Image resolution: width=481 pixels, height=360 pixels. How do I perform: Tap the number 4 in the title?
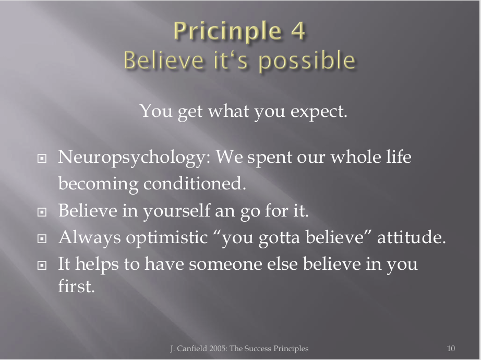point(297,31)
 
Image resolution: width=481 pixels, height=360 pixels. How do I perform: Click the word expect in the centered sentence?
point(318,112)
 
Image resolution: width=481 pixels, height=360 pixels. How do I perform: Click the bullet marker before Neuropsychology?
point(42,159)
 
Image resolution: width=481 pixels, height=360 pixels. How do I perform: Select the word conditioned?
point(195,184)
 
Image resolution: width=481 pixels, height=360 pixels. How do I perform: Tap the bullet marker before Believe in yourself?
point(42,212)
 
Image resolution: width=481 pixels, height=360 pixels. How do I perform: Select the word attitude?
point(411,237)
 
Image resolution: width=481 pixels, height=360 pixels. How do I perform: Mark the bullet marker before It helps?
point(42,265)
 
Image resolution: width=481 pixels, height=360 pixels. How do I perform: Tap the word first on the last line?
point(76,286)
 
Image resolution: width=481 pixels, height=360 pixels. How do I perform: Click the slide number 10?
point(451,349)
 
